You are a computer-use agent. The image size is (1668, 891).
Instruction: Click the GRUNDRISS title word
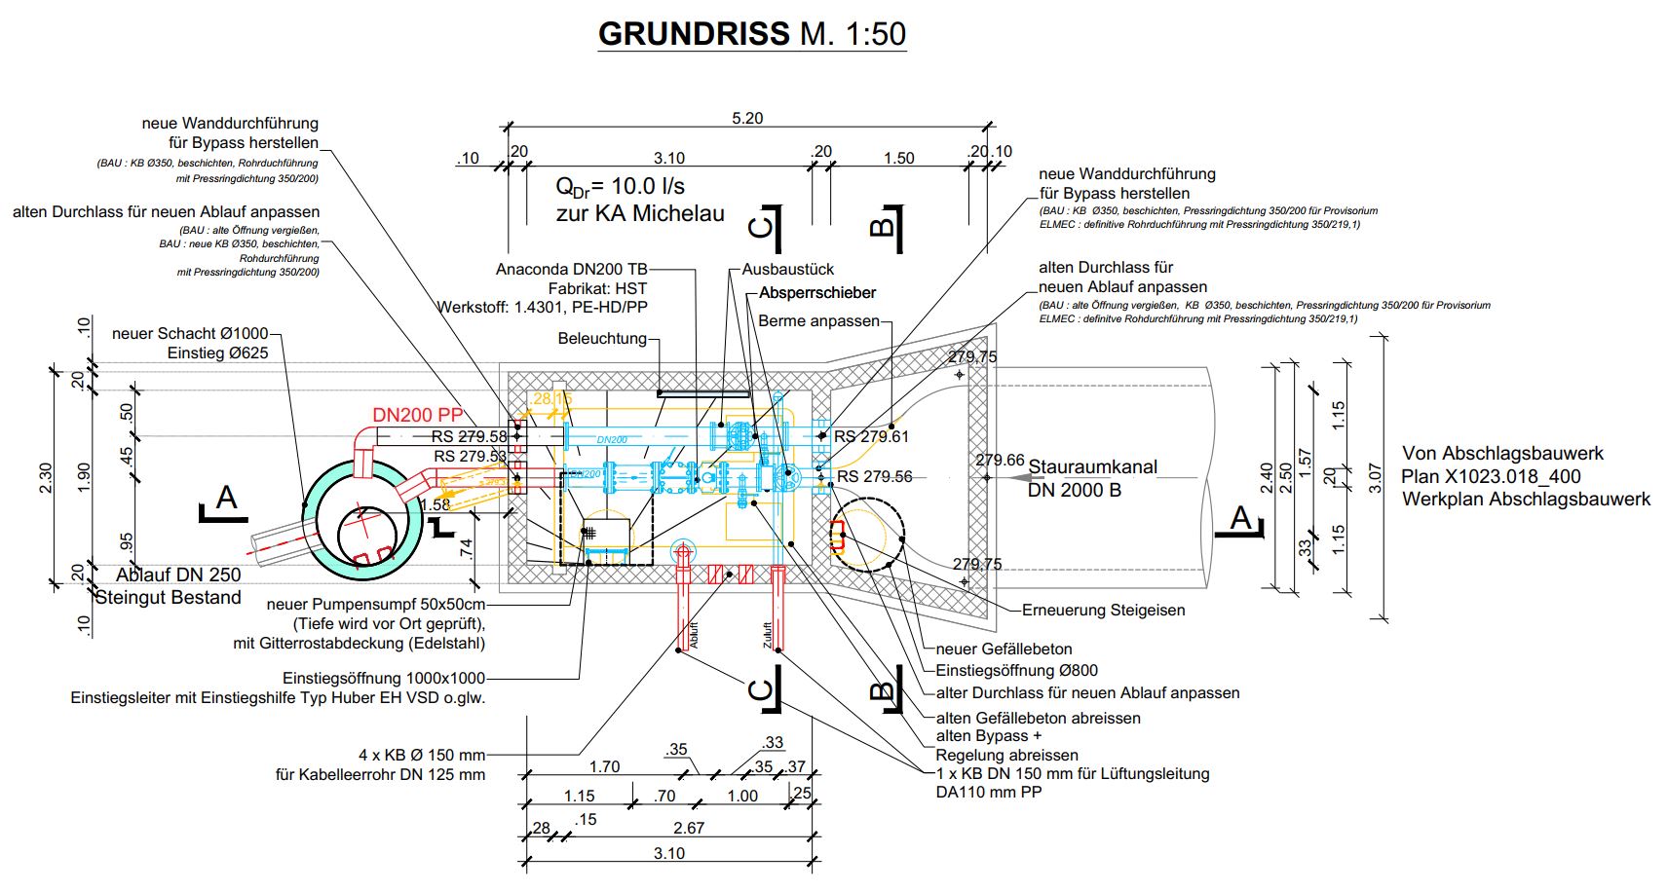tap(695, 34)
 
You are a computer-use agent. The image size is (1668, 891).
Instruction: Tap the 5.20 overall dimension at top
tap(747, 118)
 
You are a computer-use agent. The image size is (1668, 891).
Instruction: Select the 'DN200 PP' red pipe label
tap(417, 415)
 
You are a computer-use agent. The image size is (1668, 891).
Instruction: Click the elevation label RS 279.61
tap(871, 436)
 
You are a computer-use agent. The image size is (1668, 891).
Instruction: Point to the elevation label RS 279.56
tap(875, 476)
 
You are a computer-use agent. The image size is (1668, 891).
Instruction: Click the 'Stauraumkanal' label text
tap(1092, 467)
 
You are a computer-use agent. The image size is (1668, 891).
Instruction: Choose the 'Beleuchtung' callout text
tap(602, 339)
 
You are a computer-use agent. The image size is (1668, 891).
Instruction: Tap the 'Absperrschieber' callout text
tap(817, 293)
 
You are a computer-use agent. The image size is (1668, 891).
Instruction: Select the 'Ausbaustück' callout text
tap(788, 270)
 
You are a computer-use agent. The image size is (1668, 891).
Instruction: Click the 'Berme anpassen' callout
tap(818, 321)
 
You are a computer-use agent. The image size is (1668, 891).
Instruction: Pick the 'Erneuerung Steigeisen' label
tap(1103, 611)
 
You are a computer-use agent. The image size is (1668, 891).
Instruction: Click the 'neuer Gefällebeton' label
tap(1004, 650)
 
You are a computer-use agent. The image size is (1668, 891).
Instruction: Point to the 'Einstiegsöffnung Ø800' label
tap(1016, 671)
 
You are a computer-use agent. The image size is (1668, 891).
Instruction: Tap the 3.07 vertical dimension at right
tap(1375, 477)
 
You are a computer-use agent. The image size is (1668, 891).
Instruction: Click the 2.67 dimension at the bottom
tap(689, 828)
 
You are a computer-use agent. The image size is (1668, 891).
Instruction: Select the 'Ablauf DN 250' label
tap(178, 575)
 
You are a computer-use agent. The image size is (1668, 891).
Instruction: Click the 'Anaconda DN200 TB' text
tap(571, 270)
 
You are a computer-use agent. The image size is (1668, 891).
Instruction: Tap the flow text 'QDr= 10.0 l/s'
tap(620, 186)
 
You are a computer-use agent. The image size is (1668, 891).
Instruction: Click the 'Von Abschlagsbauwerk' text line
tap(1502, 454)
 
